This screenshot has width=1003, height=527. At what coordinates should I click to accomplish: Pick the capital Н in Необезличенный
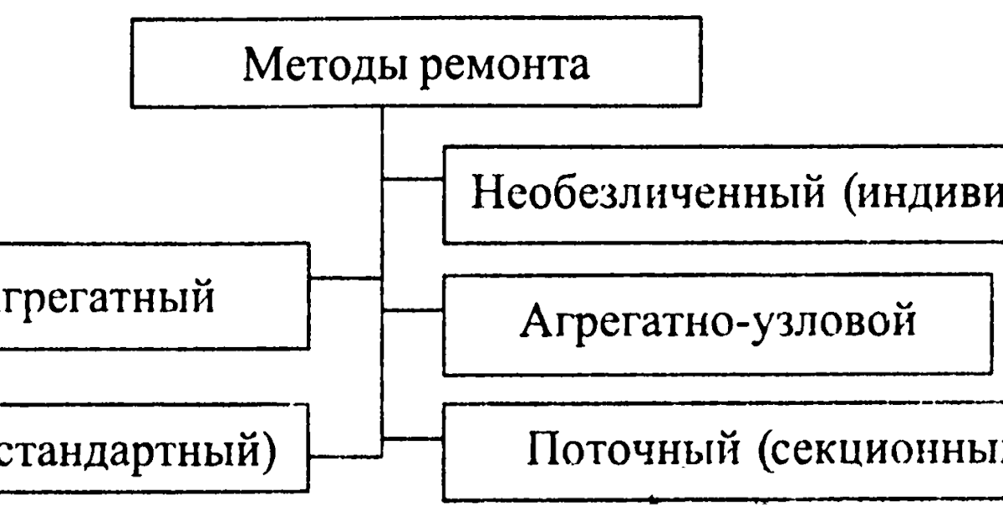(487, 196)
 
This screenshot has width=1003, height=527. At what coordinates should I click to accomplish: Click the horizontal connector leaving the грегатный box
(345, 278)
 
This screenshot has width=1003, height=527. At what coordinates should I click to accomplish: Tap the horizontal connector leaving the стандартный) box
(345, 457)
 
